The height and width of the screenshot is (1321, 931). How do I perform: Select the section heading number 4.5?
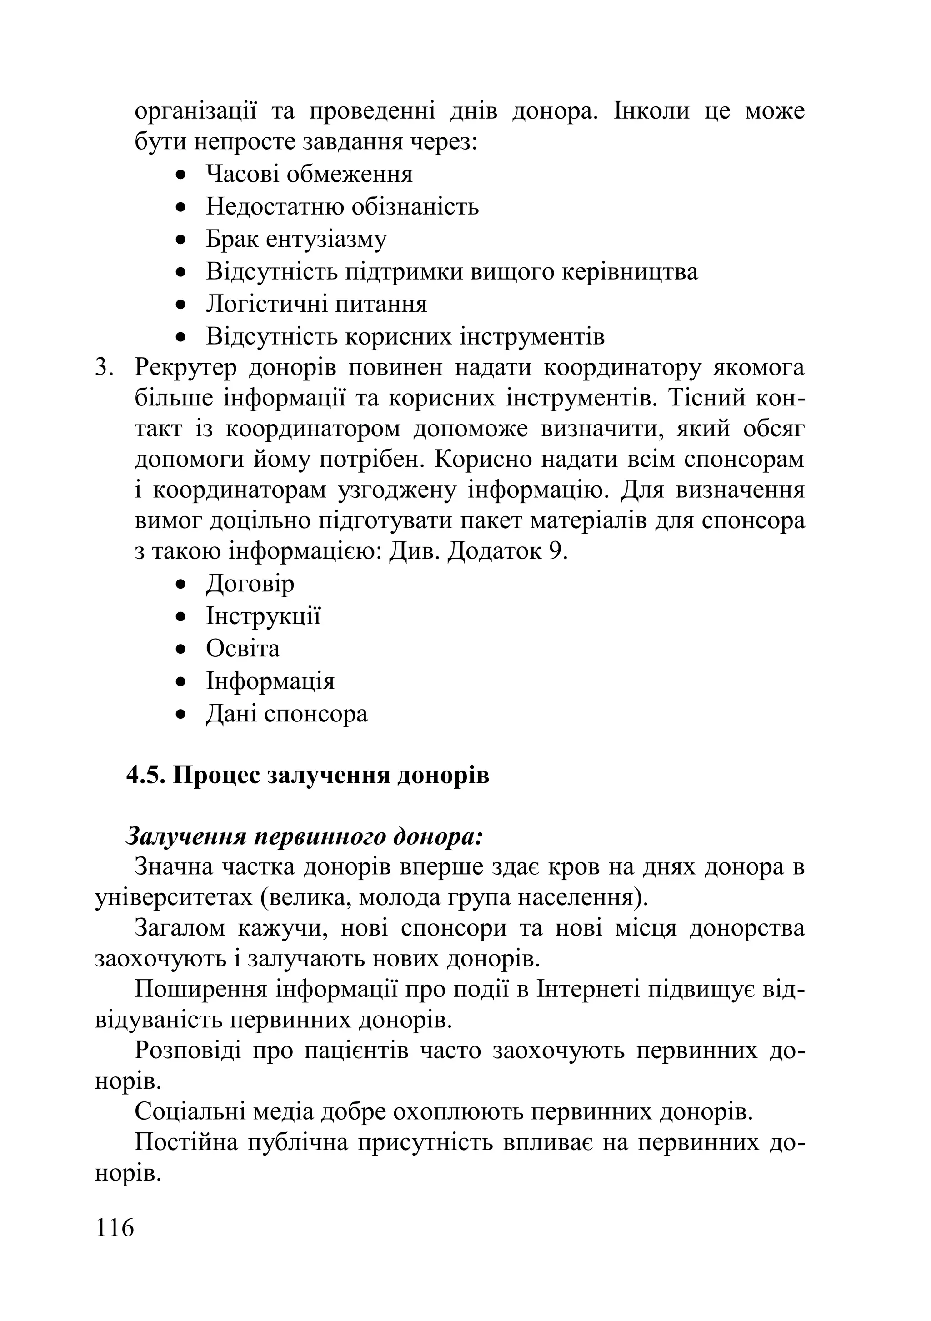pyautogui.click(x=146, y=775)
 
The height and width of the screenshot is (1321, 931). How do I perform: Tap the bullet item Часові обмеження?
pyautogui.click(x=309, y=174)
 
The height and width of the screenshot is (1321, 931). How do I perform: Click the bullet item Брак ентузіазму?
pyautogui.click(x=296, y=239)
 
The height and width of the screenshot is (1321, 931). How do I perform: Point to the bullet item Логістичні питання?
pyautogui.click(x=316, y=304)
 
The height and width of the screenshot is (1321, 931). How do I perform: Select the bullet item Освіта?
pyautogui.click(x=243, y=648)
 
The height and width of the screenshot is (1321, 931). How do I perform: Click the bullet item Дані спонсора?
pyautogui.click(x=286, y=714)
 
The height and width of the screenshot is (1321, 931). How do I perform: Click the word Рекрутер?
pyautogui.click(x=185, y=368)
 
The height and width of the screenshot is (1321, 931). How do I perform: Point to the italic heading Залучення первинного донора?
pyautogui.click(x=304, y=836)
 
